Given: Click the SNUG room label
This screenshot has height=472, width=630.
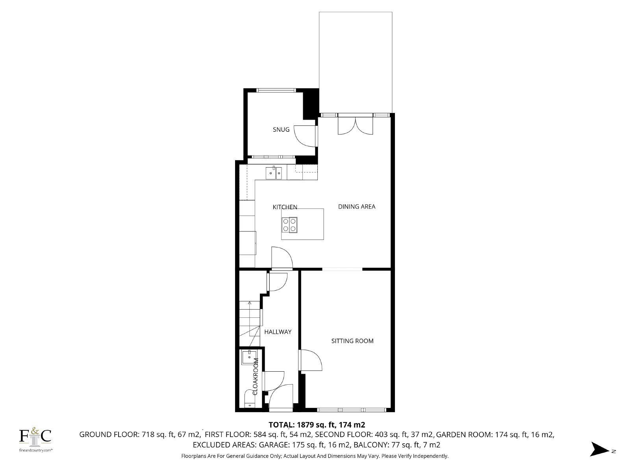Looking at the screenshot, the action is click(281, 129).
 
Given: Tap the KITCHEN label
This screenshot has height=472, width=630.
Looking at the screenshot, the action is click(285, 207).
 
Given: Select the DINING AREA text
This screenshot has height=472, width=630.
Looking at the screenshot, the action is click(356, 206).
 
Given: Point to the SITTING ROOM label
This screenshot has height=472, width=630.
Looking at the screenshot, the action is click(352, 341).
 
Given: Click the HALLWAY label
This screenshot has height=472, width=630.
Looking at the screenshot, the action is click(278, 332).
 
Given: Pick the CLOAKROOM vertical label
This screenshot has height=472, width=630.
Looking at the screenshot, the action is click(256, 376).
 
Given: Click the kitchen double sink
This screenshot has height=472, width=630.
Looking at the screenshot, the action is click(274, 173).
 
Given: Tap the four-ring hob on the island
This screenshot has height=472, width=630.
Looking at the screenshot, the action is click(289, 225).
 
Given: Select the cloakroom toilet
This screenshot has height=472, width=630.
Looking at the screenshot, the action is click(249, 399).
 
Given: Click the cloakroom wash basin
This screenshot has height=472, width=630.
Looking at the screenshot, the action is click(249, 358).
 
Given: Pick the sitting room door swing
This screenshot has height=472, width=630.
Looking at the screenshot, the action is click(311, 360).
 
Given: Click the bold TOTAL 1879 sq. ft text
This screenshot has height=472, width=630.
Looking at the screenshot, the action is click(317, 424).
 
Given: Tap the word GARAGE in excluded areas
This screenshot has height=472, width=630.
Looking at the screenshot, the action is click(274, 445).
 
